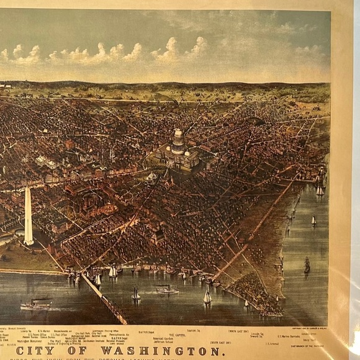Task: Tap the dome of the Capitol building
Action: [x=179, y=137]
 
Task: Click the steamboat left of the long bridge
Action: [x=37, y=304]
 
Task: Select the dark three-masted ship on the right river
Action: [x=307, y=264]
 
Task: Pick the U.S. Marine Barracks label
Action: [x=290, y=336]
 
